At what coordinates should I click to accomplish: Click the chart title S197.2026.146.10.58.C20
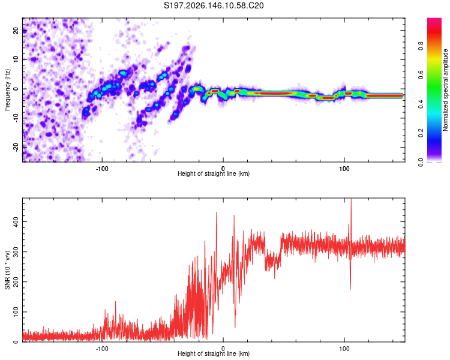click(x=214, y=5)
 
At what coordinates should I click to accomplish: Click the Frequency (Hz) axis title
click(x=7, y=90)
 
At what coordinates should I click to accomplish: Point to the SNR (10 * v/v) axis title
click(x=7, y=270)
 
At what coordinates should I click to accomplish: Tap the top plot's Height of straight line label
click(x=214, y=173)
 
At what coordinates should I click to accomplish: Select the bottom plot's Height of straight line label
click(x=214, y=353)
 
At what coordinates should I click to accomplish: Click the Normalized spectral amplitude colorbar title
click(x=445, y=90)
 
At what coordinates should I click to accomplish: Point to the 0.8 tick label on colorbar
click(x=421, y=46)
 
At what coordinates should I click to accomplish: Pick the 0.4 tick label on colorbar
click(x=421, y=104)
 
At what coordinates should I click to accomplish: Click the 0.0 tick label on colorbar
click(x=421, y=163)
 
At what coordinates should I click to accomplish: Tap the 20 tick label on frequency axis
click(x=16, y=31)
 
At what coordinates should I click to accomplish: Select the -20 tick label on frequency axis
click(x=16, y=147)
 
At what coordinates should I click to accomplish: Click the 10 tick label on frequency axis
click(x=16, y=59)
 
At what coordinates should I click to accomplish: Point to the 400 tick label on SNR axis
click(x=16, y=221)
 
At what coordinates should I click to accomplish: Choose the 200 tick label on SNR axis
click(x=16, y=281)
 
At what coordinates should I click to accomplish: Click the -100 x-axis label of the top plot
click(x=102, y=169)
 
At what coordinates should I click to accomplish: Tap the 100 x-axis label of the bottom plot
click(x=344, y=349)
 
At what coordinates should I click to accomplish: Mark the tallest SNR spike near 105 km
click(x=351, y=199)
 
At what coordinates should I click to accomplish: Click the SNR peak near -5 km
click(x=217, y=212)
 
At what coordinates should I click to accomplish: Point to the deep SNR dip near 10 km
click(x=235, y=327)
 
